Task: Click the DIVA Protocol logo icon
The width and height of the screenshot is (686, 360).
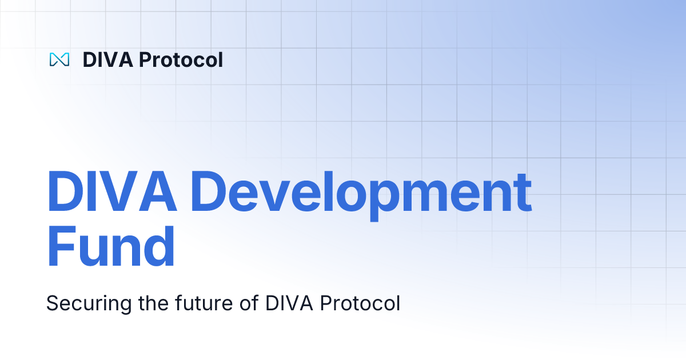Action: coord(59,59)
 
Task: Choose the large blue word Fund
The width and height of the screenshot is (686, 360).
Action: coord(110,247)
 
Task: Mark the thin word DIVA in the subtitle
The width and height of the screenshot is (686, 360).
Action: coord(289,303)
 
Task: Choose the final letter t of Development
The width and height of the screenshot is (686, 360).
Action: coord(521,192)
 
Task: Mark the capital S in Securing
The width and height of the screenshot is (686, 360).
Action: coord(53,303)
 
